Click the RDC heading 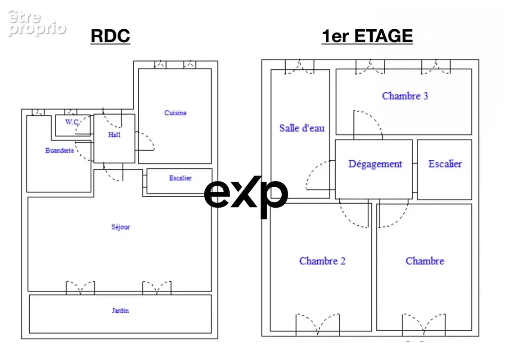tap(110, 36)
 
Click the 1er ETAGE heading tap(367, 36)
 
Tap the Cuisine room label tap(176, 113)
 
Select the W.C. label tap(72, 122)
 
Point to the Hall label tap(114, 135)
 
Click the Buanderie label tap(59, 150)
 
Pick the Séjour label tap(121, 227)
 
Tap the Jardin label tap(121, 310)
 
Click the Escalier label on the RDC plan tap(180, 178)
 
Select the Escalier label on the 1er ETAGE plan tap(445, 164)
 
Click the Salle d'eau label tap(302, 128)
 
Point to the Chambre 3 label tap(405, 96)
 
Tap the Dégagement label tap(375, 164)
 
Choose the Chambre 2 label tap(322, 261)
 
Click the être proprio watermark tap(37, 23)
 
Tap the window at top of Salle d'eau tap(300, 67)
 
